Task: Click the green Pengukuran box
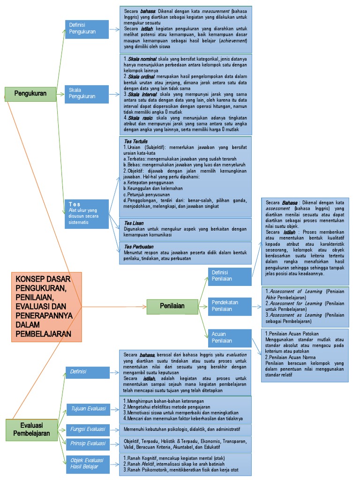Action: click(30, 93)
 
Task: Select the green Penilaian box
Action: click(172, 306)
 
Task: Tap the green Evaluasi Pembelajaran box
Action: click(31, 429)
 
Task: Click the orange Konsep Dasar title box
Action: click(46, 307)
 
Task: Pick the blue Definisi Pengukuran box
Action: click(88, 29)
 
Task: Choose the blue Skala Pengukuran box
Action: click(88, 93)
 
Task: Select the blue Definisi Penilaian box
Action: click(230, 276)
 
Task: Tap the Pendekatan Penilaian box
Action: click(230, 306)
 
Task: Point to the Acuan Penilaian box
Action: click(230, 337)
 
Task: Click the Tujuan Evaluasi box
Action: click(88, 409)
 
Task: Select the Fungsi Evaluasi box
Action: click(88, 429)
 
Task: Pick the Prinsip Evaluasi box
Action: click(88, 443)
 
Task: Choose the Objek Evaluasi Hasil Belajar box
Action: click(88, 464)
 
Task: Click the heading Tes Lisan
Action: click(134, 223)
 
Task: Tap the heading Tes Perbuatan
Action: click(139, 246)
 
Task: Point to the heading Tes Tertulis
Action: click(136, 141)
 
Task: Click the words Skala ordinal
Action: click(141, 76)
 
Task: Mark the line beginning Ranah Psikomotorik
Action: click(180, 470)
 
